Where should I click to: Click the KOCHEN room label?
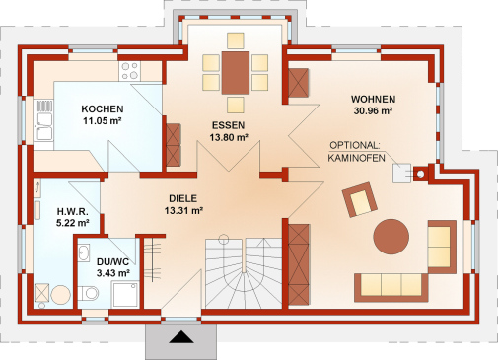103,108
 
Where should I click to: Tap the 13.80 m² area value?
229,137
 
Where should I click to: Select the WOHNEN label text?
373,99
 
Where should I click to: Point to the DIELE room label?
183,198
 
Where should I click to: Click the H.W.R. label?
73,211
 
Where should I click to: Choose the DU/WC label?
112,262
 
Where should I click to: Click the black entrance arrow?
181,337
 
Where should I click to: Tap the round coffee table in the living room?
391,237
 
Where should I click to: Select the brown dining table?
236,73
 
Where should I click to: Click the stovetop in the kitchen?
129,71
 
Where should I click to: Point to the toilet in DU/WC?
88,293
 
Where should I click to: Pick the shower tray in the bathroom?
125,295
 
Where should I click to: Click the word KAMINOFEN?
356,158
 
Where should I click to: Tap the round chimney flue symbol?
420,175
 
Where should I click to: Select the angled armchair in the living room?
360,199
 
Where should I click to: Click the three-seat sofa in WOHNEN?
391,287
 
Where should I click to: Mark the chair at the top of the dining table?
236,40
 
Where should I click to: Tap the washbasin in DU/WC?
84,252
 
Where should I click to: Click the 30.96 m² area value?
373,111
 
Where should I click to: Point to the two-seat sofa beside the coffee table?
442,247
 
